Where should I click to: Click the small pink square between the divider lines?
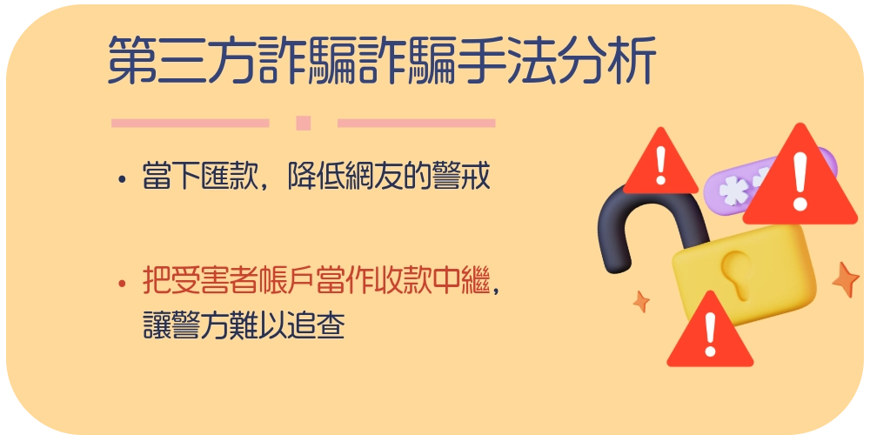pyautogui.click(x=303, y=123)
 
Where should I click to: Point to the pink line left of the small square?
pyautogui.click(x=191, y=123)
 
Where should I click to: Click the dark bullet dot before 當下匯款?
pyautogui.click(x=122, y=180)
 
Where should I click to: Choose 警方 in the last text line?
pyautogui.click(x=200, y=325)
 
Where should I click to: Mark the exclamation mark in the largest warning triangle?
pyautogui.click(x=800, y=181)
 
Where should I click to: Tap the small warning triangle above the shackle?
pyautogui.click(x=660, y=163)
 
